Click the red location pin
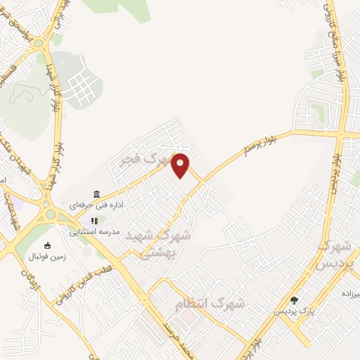click(x=181, y=165)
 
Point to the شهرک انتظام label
click(x=210, y=304)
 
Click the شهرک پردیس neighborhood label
click(x=333, y=257)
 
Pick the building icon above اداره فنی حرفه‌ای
click(x=96, y=194)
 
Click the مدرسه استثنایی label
click(x=95, y=231)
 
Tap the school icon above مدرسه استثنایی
click(x=94, y=220)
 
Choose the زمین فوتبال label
click(x=47, y=256)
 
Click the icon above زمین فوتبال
click(x=47, y=245)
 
